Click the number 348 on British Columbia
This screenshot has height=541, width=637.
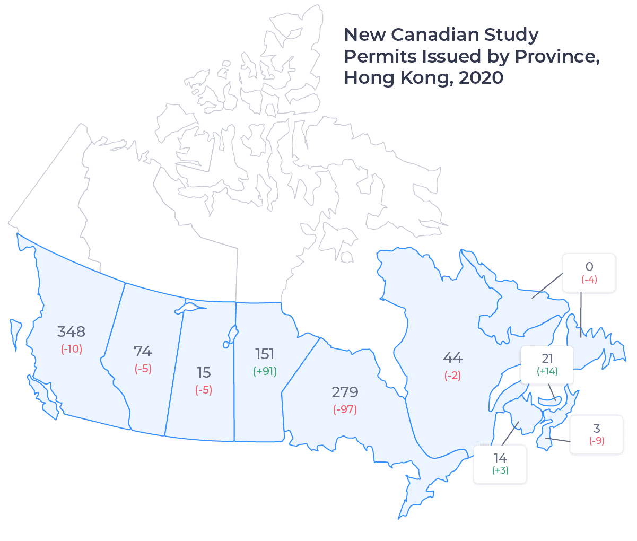pos(71,332)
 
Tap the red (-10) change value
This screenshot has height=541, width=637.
pos(72,349)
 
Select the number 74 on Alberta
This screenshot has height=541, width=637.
pos(143,352)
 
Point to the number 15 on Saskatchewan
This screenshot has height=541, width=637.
pos(204,373)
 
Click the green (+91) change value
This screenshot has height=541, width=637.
pos(265,371)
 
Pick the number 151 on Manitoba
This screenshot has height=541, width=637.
pos(265,354)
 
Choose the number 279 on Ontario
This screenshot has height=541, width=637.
pos(345,392)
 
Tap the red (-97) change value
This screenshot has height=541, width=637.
pos(345,409)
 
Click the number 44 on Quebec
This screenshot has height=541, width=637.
pos(452,358)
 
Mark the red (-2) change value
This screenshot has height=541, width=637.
pos(452,376)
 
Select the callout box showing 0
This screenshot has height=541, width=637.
pos(589,273)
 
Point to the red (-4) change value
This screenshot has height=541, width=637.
pos(589,280)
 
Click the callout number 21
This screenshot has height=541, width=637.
pos(547,359)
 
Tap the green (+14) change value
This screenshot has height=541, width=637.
pos(547,371)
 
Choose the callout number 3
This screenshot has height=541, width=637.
pos(597,429)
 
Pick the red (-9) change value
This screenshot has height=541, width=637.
pos(597,441)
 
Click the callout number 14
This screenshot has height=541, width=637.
pos(500,458)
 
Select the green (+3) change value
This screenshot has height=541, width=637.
pos(500,470)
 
